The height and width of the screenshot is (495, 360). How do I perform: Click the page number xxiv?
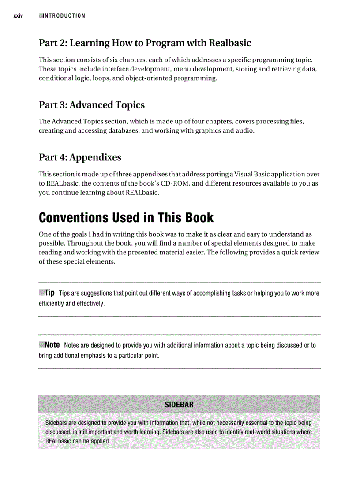pos(18,16)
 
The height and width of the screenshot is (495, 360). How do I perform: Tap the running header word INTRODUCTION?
pos(64,16)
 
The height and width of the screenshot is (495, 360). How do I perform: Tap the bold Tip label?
pos(49,293)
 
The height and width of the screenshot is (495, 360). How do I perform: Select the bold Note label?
pos(52,345)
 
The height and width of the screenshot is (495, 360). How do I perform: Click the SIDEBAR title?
pos(179,405)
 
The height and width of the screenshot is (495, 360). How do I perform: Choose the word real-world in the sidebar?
pos(258,432)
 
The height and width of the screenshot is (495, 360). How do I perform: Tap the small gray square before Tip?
pos(41,293)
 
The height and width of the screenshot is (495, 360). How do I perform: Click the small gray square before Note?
pos(41,345)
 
